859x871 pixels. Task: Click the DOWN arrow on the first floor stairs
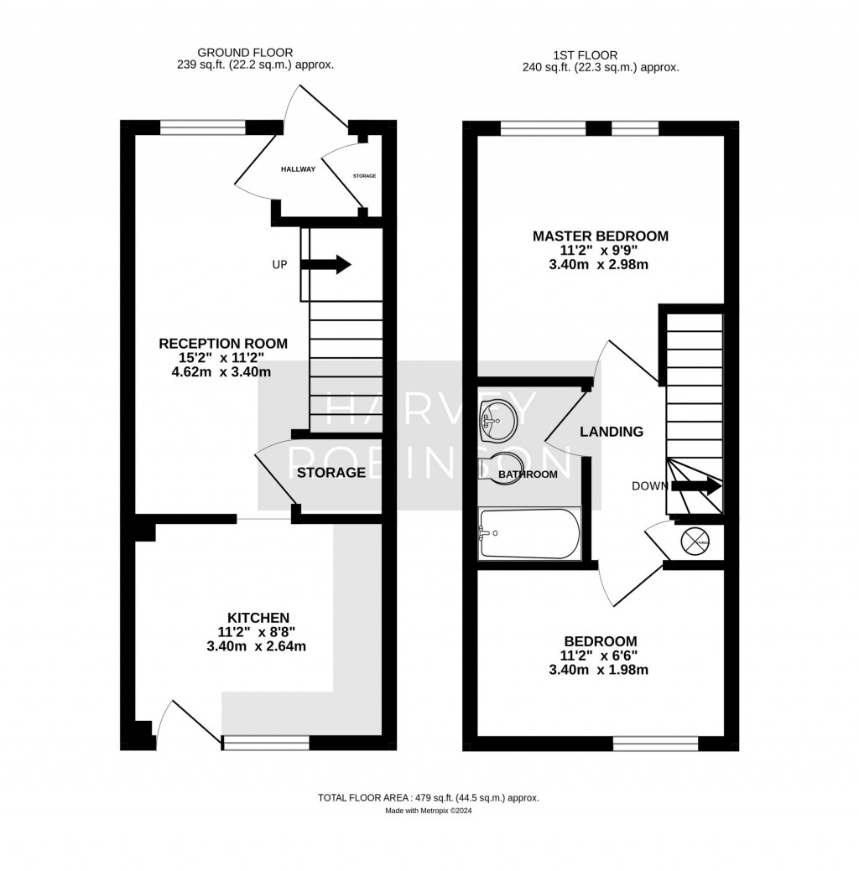coord(695,485)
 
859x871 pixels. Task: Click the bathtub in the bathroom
coord(528,533)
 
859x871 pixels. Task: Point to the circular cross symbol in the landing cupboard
coord(695,542)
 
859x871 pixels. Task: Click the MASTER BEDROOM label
coord(601,236)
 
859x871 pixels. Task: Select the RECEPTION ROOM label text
coord(223,343)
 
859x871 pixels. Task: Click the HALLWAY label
coord(299,169)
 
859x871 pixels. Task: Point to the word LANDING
coord(612,432)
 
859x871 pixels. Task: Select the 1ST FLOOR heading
coord(600,55)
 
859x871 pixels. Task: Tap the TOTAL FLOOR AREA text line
coord(428,797)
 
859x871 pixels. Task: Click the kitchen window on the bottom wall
coord(265,742)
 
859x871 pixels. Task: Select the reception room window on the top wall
coord(203,127)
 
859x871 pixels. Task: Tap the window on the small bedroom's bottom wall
coord(655,743)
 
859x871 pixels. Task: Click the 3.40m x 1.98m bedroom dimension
coord(601,670)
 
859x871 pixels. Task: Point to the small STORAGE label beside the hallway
coord(364,176)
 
